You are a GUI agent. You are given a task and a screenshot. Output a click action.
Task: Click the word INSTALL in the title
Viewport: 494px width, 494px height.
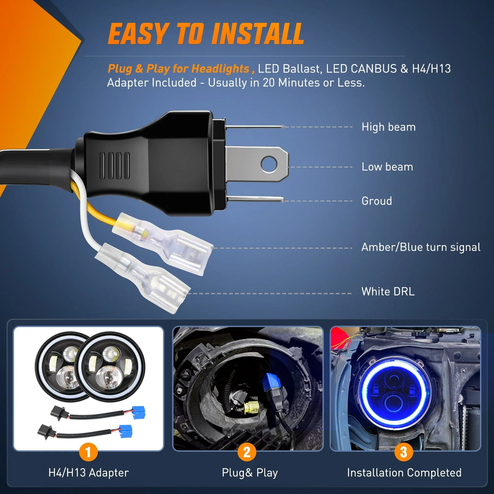pyautogui.click(x=258, y=34)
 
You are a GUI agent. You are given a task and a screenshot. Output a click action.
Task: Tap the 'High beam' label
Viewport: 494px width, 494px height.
pyautogui.click(x=388, y=127)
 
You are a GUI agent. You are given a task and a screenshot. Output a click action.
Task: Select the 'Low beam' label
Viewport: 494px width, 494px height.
pyautogui.click(x=387, y=167)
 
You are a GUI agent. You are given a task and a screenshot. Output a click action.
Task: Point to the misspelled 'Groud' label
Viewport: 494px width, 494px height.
pyautogui.click(x=377, y=201)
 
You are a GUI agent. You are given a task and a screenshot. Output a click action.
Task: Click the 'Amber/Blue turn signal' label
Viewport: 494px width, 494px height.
pyautogui.click(x=421, y=247)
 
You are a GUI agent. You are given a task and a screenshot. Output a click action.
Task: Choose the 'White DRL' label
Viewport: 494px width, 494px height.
pyautogui.click(x=388, y=291)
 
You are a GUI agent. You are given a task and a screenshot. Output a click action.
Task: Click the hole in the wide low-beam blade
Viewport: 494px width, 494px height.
pyautogui.click(x=268, y=164)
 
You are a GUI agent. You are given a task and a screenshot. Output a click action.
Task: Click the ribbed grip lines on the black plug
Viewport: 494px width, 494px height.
pyautogui.click(x=115, y=165)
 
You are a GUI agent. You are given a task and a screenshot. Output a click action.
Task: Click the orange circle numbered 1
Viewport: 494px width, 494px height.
pyautogui.click(x=88, y=452)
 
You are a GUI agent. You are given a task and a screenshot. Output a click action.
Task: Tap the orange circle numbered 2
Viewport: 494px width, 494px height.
pyautogui.click(x=247, y=452)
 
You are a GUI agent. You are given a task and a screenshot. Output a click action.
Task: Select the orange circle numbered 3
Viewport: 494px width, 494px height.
pyautogui.click(x=404, y=452)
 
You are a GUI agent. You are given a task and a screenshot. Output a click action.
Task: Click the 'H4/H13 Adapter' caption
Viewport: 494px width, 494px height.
pyautogui.click(x=88, y=473)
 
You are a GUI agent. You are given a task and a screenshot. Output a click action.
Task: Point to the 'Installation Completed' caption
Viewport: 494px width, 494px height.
pyautogui.click(x=404, y=473)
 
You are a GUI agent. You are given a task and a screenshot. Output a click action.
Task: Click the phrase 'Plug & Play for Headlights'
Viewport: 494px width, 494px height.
pyautogui.click(x=178, y=69)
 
